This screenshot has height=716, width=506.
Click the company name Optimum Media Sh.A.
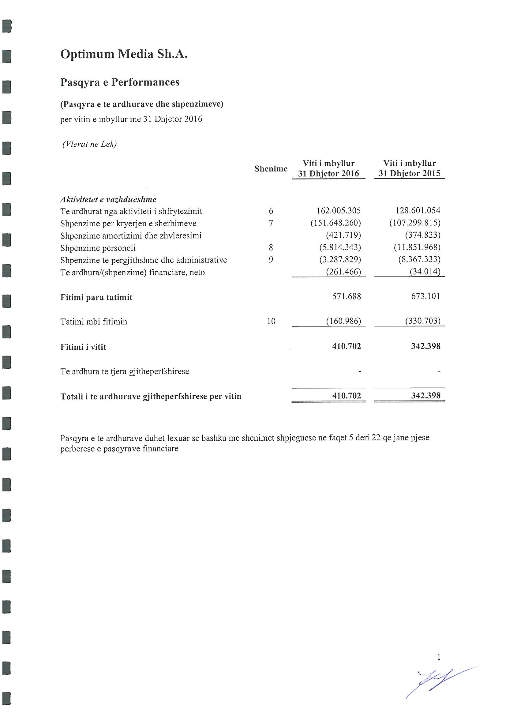pyautogui.click(x=124, y=54)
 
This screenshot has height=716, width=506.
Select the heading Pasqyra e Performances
pyautogui.click(x=120, y=82)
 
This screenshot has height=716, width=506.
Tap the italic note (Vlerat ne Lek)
pyautogui.click(x=89, y=144)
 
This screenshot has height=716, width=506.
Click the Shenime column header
pyautogui.click(x=271, y=169)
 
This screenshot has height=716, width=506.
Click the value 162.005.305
pyautogui.click(x=338, y=211)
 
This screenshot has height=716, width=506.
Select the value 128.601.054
pyautogui.click(x=418, y=210)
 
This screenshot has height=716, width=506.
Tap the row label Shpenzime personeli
pyautogui.click(x=98, y=248)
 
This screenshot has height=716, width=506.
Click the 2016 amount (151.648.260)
pyautogui.click(x=335, y=223)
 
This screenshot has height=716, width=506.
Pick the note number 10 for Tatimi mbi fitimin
pyautogui.click(x=271, y=321)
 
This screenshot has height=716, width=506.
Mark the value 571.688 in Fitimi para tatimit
pyautogui.click(x=347, y=296)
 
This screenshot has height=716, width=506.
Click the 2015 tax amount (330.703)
pyautogui.click(x=422, y=321)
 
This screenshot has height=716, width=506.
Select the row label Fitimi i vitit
pyautogui.click(x=83, y=347)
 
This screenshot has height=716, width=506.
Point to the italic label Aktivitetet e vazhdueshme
pyautogui.click(x=108, y=199)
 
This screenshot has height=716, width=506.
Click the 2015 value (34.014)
pyautogui.click(x=425, y=272)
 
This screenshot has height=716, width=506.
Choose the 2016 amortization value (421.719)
pyautogui.click(x=343, y=235)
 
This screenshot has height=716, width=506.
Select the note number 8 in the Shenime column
pyautogui.click(x=271, y=248)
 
